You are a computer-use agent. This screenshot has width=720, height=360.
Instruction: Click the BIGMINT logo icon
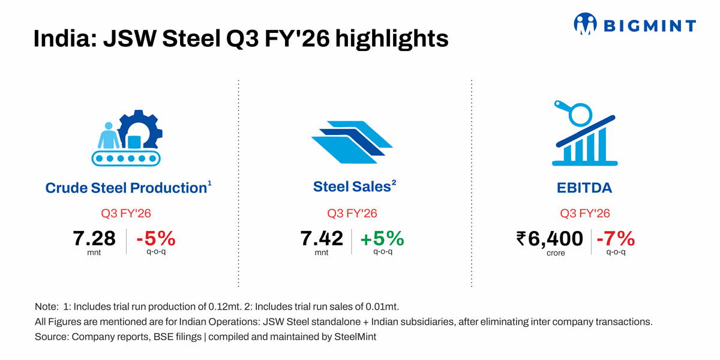586,25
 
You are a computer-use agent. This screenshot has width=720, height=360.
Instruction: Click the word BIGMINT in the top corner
650,25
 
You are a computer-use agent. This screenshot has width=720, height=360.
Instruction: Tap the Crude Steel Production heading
126,188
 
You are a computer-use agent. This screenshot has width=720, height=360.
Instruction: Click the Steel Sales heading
352,187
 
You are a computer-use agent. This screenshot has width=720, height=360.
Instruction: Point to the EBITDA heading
584,188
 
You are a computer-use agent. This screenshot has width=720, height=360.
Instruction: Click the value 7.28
94,239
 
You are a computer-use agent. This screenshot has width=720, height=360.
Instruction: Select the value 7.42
322,239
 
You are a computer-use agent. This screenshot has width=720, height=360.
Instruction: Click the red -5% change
155,239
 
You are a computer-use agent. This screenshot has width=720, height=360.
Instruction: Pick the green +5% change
382,239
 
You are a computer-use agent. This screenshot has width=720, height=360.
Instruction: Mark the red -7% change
615,239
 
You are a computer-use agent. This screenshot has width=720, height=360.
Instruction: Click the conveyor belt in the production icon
126,158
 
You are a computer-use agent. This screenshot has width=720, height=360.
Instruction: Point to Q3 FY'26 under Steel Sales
352,214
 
